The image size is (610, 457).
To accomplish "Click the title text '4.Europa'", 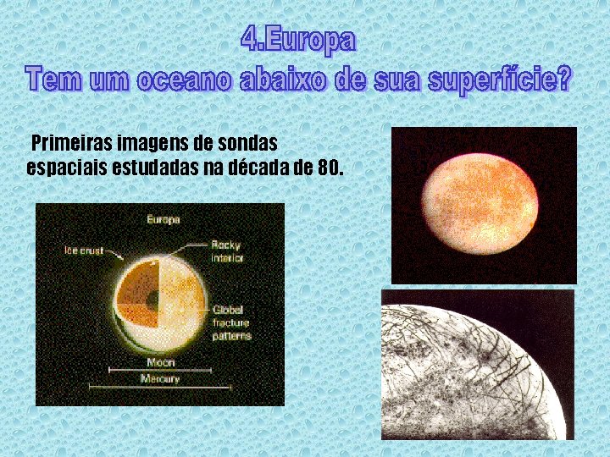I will (x=298, y=39).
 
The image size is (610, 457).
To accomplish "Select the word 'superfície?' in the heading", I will (x=501, y=80).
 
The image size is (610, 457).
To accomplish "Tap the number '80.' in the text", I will (x=330, y=167).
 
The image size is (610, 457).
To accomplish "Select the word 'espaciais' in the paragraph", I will (x=64, y=167).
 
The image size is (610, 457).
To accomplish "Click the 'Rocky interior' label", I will (x=226, y=251).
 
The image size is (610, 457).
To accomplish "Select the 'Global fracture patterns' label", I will (x=230, y=323).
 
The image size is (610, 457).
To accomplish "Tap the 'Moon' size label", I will (x=160, y=362).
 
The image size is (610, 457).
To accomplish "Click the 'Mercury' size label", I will (x=160, y=379).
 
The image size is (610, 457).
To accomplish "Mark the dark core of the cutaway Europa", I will (x=151, y=300).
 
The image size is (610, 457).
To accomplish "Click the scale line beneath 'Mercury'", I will (x=160, y=388).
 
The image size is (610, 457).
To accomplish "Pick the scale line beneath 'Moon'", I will (x=160, y=370).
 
